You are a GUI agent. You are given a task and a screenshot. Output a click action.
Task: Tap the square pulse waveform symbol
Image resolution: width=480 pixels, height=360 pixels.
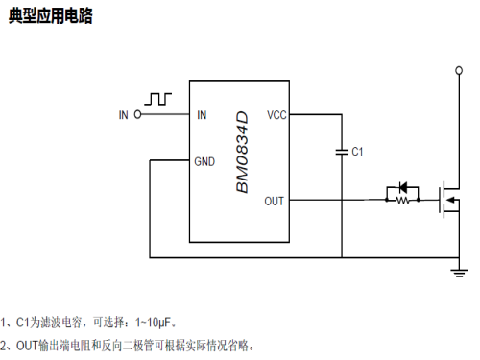(158, 99)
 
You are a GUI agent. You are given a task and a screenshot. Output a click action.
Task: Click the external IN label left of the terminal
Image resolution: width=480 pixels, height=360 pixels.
(123, 115)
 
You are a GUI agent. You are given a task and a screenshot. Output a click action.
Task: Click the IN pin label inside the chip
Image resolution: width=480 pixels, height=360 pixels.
(202, 115)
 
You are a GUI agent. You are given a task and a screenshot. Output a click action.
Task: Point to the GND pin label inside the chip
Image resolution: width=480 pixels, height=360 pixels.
(204, 161)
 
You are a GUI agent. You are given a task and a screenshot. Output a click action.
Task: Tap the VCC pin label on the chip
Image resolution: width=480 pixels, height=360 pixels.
(276, 115)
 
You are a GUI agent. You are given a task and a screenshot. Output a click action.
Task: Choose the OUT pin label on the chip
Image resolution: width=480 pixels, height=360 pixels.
(275, 201)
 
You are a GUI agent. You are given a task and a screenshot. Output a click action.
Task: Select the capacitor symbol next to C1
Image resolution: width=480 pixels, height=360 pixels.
(341, 151)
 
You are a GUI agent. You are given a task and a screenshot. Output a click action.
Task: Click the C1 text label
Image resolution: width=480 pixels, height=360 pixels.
(357, 152)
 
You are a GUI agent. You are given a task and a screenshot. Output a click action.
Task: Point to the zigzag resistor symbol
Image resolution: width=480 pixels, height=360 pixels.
(403, 201)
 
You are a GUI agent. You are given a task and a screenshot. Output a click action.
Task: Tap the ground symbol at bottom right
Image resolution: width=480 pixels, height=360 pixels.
(457, 273)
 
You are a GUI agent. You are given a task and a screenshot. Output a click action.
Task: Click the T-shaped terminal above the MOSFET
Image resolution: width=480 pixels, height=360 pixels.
(457, 70)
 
